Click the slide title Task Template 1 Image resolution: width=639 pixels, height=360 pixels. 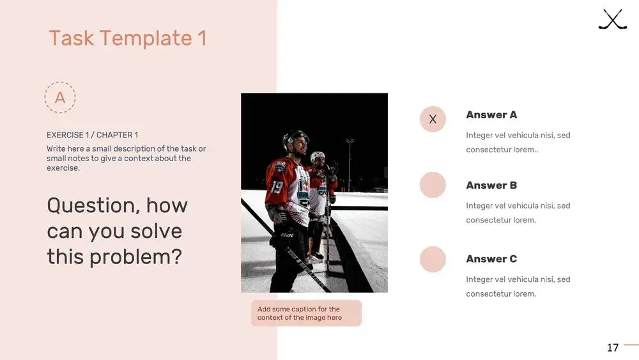coord(128,38)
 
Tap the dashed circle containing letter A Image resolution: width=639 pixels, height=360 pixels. coord(60,82)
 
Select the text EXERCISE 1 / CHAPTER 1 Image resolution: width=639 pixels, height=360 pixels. coord(92,135)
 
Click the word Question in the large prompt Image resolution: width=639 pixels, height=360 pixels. coord(93,205)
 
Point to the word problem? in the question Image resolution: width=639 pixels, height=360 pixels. coord(135,258)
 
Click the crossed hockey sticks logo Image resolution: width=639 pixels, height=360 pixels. coord(613,19)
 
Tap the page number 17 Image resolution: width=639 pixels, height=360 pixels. coord(613,348)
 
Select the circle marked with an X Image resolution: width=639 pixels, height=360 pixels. coord(433,119)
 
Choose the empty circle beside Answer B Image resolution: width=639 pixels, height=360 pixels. coord(433,185)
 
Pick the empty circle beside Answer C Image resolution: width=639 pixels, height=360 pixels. coord(433,260)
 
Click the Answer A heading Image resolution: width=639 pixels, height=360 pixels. coord(491,115)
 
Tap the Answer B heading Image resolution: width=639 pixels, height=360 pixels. coord(491,185)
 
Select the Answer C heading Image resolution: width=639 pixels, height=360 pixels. coord(491,259)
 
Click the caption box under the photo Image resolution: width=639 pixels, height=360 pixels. coord(307,313)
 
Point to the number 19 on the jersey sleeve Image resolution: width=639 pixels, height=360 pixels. coord(277,187)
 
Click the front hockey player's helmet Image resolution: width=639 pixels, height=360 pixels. coord(295,137)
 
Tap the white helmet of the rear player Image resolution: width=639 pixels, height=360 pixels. coord(318,156)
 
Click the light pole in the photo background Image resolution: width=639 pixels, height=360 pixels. coord(350,165)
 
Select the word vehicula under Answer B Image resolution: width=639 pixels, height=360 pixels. coord(516,205)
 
